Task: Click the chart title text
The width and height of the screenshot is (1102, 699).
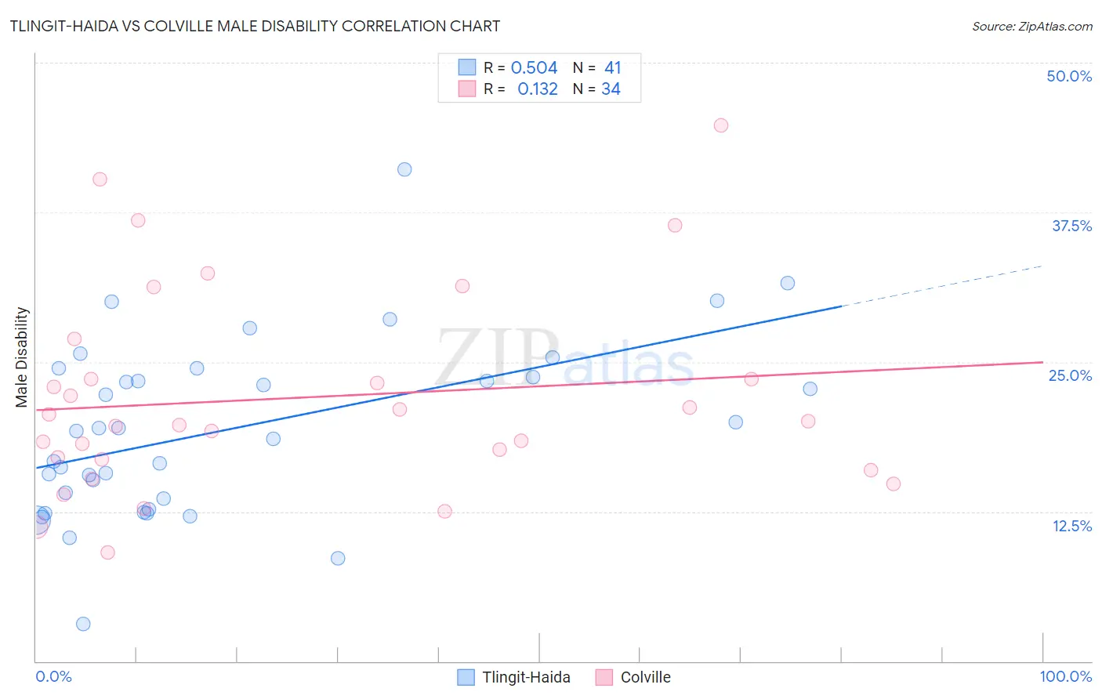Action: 255,26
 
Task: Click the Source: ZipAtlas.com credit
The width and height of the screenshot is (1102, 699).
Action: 1031,26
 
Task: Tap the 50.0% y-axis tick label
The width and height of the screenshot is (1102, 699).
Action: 1069,76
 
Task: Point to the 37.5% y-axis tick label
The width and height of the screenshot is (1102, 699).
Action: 1071,226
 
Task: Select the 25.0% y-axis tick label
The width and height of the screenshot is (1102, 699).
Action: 1070,375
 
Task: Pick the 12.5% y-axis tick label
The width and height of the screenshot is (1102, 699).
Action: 1071,526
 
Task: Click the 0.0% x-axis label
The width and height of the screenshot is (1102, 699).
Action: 53,676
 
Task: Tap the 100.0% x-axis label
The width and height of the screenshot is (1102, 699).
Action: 1065,676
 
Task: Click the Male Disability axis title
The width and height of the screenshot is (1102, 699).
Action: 22,357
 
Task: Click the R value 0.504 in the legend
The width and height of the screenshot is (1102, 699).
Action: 534,67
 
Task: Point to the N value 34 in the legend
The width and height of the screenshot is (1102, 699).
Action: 611,89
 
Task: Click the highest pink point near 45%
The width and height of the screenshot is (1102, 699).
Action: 721,125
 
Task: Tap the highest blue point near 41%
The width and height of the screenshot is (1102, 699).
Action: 404,169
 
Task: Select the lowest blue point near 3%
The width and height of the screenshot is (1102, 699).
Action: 83,624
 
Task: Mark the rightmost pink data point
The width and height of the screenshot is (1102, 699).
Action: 894,484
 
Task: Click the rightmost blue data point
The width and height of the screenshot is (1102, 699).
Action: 810,389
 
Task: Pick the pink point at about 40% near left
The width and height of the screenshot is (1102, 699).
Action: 100,179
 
